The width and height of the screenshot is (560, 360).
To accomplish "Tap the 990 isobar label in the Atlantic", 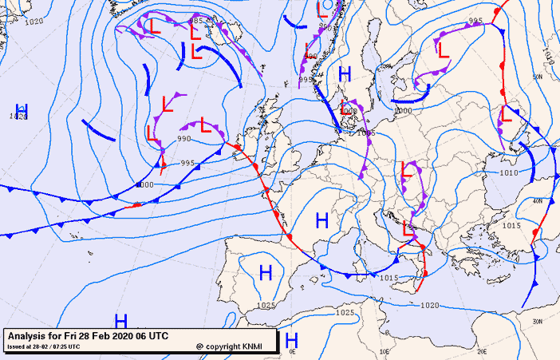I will (x=184, y=139).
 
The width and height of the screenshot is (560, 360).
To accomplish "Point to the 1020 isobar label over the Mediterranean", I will (x=429, y=305).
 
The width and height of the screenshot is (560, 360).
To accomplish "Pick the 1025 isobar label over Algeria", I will (x=345, y=312).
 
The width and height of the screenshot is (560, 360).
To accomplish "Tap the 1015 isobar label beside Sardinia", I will (x=388, y=277).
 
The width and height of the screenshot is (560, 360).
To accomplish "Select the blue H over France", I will (x=322, y=220).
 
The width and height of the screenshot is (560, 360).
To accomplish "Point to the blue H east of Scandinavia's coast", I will (x=345, y=74).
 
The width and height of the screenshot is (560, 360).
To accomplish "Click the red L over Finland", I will (x=444, y=49).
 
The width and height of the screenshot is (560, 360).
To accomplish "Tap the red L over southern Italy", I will (x=408, y=227).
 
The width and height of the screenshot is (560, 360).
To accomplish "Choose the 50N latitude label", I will (x=538, y=77).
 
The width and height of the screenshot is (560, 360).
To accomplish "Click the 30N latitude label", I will (x=538, y=322).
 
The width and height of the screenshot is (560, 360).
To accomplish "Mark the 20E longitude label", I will (x=482, y=350).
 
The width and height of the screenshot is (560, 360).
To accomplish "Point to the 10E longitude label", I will (x=385, y=350).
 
